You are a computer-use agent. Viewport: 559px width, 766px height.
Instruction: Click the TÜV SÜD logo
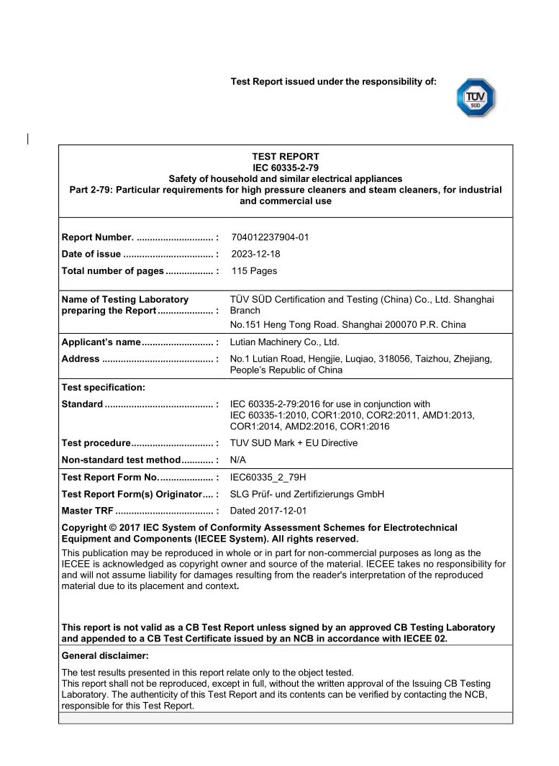(476, 98)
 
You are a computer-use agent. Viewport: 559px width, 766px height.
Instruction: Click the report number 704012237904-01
(270, 237)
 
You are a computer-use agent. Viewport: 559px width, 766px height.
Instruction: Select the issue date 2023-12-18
(255, 254)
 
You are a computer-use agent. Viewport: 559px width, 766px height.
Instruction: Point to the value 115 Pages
(254, 271)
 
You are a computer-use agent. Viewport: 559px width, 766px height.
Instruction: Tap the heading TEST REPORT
(286, 156)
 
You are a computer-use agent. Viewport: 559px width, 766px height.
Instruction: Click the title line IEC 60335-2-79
(286, 168)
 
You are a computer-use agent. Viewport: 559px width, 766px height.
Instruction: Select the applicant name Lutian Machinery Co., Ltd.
(284, 342)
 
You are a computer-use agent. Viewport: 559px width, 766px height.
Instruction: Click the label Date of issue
(91, 254)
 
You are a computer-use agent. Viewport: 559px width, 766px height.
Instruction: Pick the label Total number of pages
(113, 271)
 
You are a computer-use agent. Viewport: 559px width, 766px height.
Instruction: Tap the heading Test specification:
(104, 388)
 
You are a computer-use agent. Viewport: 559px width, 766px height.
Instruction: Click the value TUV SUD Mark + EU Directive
(294, 443)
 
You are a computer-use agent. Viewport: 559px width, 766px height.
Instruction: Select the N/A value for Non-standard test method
(238, 460)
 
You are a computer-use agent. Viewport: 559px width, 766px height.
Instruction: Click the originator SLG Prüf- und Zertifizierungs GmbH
(307, 494)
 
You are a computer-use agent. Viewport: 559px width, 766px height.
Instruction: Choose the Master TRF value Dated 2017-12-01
(268, 511)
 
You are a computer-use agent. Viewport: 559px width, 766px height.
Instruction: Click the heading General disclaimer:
(105, 656)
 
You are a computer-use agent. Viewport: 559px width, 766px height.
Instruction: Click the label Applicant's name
(101, 342)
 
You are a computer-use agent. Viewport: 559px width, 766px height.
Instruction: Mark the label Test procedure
(96, 443)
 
